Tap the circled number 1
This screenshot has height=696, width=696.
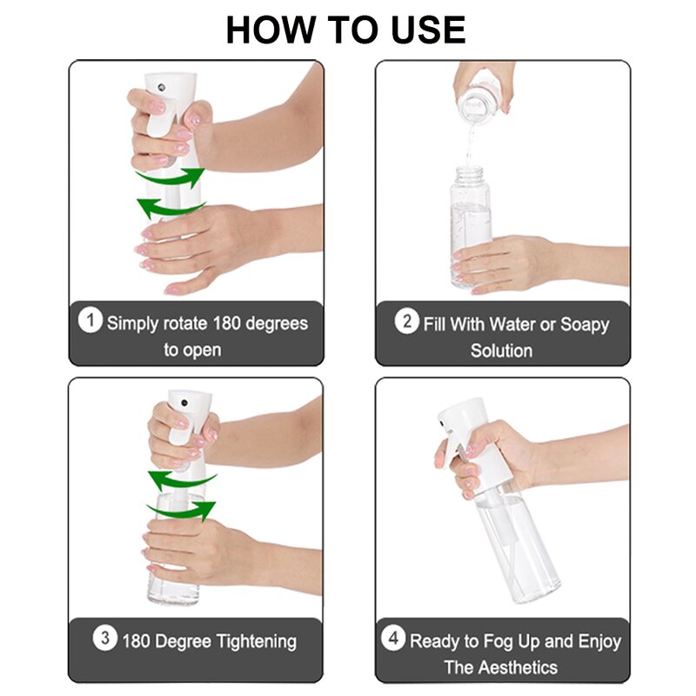[x=90, y=321]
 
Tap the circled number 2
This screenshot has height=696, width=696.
[x=406, y=321]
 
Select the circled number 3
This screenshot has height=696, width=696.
[x=104, y=639]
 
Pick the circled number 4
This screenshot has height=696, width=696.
[x=393, y=639]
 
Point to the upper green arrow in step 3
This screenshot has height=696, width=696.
[x=181, y=478]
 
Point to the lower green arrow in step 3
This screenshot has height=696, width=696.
[x=181, y=508]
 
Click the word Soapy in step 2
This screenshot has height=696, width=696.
[x=584, y=325]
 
